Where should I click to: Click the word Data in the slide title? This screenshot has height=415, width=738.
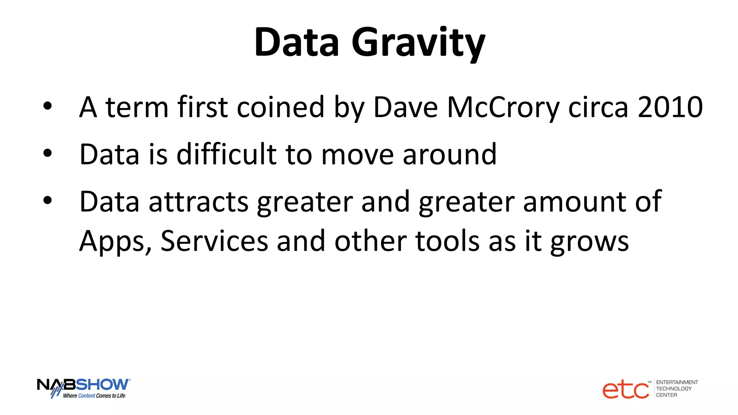297,43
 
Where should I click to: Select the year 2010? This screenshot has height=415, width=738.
670,107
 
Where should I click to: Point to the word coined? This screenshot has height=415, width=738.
280,107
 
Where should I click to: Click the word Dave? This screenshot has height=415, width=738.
405,107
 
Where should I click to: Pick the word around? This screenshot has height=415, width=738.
449,155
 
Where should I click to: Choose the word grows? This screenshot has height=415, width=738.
590,242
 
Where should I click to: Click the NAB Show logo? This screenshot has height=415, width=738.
84,388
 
